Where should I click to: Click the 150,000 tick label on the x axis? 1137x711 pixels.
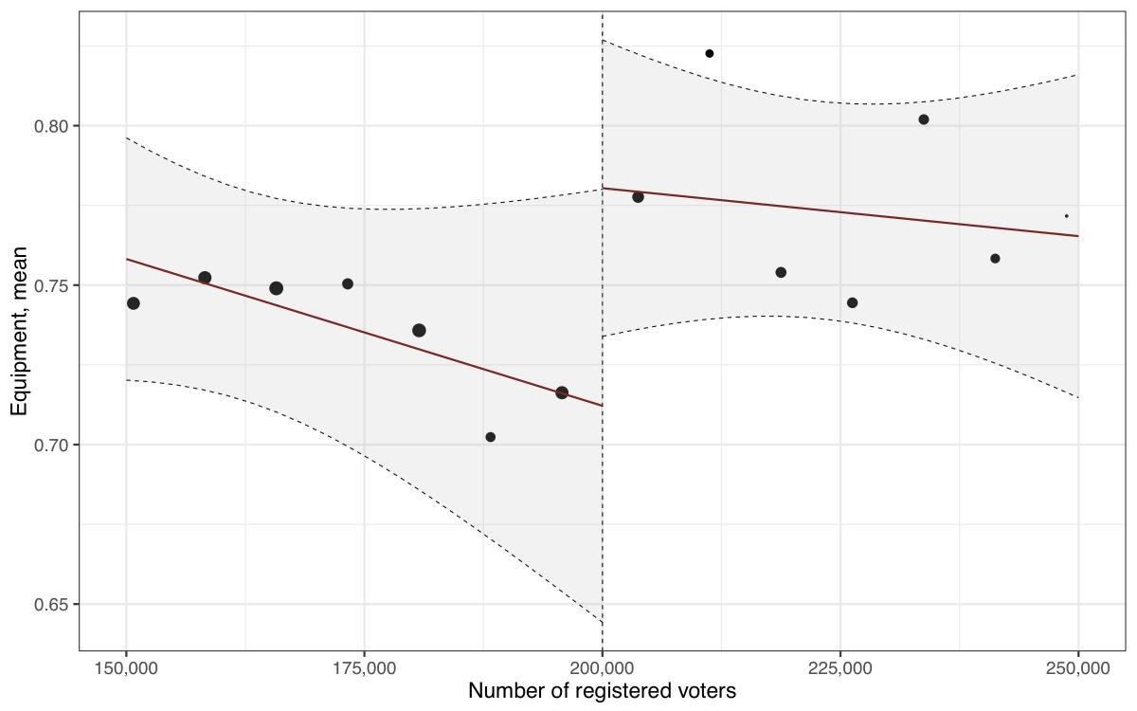click(126, 668)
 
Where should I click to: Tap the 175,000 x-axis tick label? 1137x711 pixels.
click(364, 668)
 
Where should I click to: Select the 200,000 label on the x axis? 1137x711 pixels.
click(603, 668)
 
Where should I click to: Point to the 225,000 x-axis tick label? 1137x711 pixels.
click(840, 668)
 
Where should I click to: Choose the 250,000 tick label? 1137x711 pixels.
click(1078, 668)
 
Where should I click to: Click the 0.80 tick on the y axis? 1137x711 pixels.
click(52, 126)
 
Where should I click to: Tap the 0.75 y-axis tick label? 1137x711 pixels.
click(52, 285)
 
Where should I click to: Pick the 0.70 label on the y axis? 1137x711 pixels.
click(52, 445)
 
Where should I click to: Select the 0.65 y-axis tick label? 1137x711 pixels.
click(52, 604)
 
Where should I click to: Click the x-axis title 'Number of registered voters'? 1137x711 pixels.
click(602, 691)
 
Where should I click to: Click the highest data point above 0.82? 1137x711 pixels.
click(710, 53)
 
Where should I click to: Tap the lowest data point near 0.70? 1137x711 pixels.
click(491, 437)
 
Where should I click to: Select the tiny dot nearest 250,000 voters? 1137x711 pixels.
click(1066, 216)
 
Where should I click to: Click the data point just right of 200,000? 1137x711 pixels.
click(638, 197)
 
